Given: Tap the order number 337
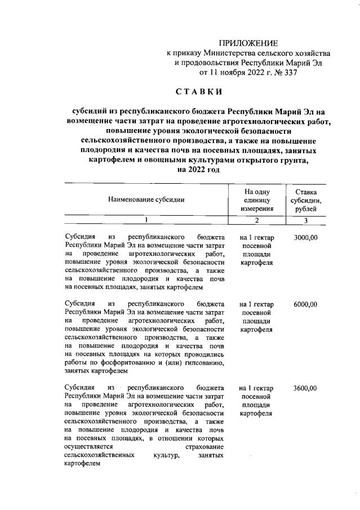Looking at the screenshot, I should pos(288,72).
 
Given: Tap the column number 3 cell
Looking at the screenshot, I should pos(305,220).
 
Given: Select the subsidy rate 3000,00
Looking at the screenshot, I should pos(305,237).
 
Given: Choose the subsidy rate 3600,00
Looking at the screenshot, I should pos(305,388).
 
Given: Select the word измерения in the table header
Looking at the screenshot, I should pos(256,208).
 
